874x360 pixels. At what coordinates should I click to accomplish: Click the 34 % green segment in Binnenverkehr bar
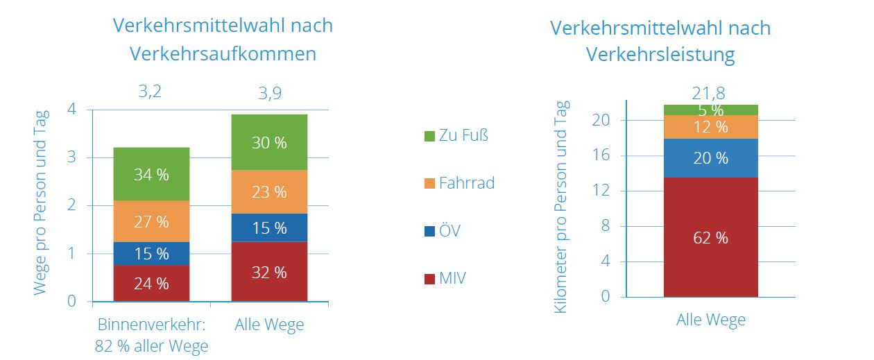point(151,173)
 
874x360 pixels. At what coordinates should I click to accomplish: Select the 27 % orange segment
point(151,221)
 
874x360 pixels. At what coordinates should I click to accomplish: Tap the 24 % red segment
point(151,284)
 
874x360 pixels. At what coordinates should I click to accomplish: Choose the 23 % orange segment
point(269,191)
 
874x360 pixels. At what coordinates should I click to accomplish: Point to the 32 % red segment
point(269,272)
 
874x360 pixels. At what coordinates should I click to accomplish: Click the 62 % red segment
point(711,237)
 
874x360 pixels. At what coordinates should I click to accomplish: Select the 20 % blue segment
point(711,158)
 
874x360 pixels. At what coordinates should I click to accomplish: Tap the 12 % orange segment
point(711,127)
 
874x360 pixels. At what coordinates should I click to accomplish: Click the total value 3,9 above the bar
point(269,92)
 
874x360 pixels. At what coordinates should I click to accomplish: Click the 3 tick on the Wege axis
point(72,157)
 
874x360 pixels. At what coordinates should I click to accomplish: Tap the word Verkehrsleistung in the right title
point(660,55)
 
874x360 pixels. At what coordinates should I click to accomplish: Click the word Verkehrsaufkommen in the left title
point(223,54)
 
